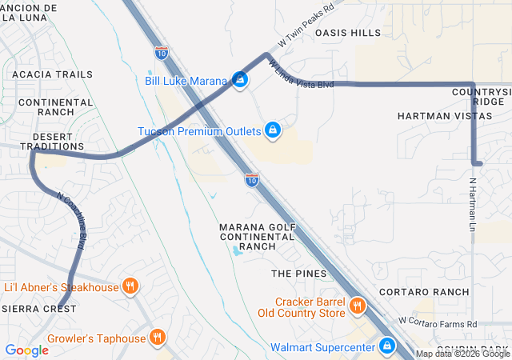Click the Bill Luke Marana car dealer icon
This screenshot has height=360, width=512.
[x=239, y=80]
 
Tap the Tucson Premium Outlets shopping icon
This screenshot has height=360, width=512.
[x=273, y=130]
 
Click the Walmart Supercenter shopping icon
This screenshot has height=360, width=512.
[x=387, y=346]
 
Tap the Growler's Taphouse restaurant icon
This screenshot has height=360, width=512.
[x=158, y=338]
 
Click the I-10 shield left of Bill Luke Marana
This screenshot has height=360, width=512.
[x=161, y=53]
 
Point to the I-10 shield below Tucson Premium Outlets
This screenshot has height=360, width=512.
[x=251, y=181]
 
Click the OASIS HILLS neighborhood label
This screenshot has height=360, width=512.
[x=348, y=33]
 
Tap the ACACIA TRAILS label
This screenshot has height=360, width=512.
[x=52, y=74]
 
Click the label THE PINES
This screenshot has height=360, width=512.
[x=298, y=274]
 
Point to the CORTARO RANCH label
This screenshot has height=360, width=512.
[x=424, y=292]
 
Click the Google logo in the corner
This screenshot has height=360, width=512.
[x=26, y=350]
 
